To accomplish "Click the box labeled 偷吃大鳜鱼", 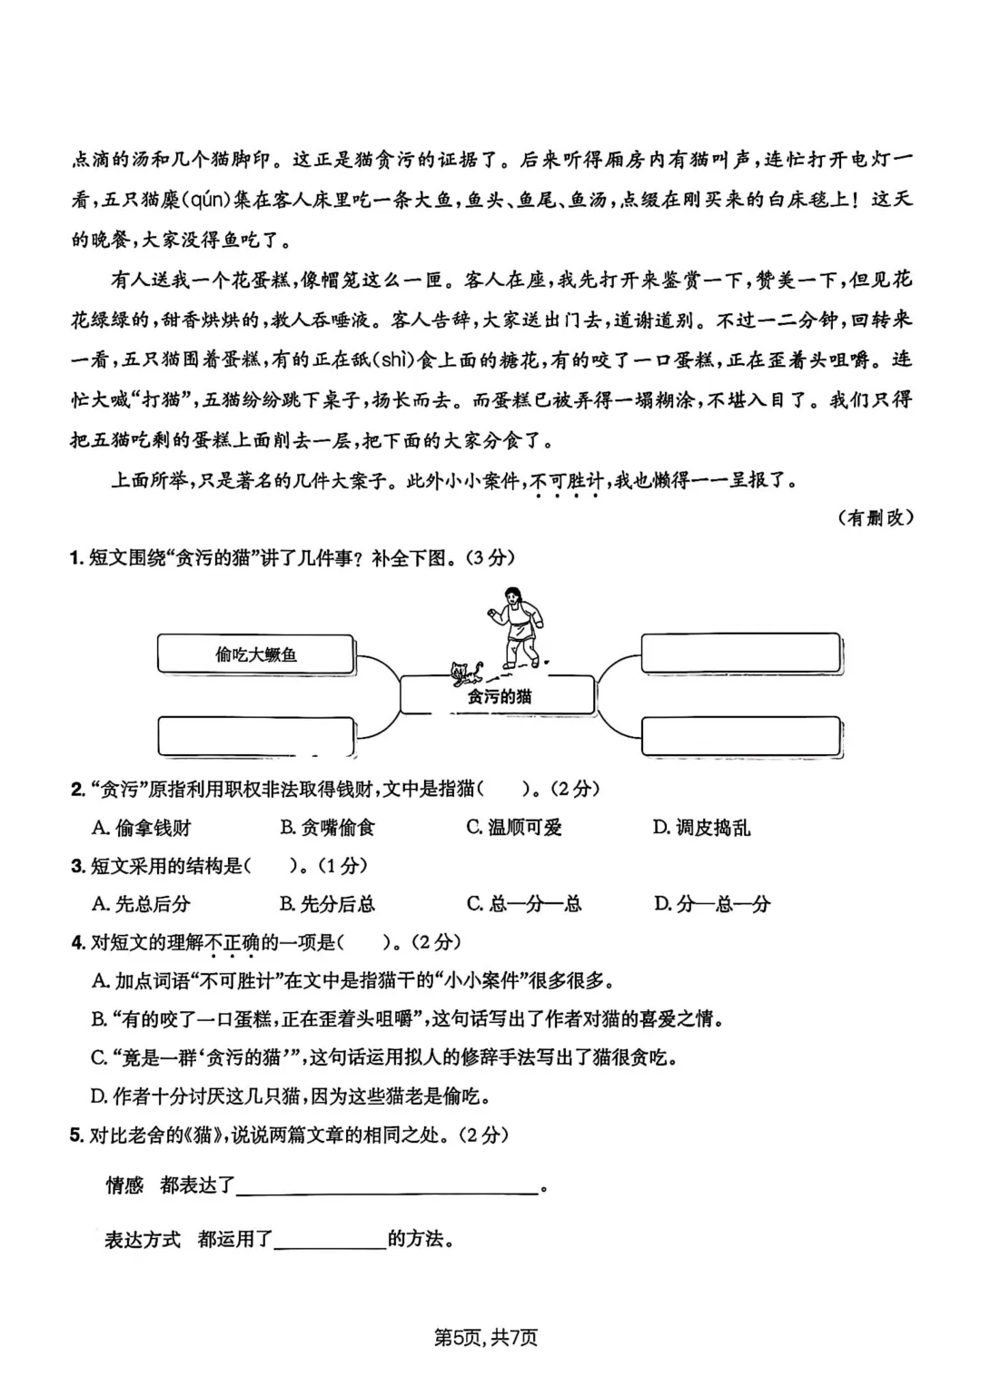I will click(255, 654).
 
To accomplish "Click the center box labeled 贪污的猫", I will click(498, 696).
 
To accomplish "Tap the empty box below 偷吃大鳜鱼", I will click(255, 736).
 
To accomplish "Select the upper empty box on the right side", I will click(740, 654).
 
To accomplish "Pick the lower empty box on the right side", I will click(740, 736).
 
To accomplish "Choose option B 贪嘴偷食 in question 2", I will click(327, 827).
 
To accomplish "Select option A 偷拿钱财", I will click(142, 827).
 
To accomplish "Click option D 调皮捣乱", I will click(701, 827).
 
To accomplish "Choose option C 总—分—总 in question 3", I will click(523, 903).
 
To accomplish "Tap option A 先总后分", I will click(142, 903).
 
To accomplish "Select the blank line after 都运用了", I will click(330, 1240).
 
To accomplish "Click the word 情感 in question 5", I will click(125, 1185).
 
